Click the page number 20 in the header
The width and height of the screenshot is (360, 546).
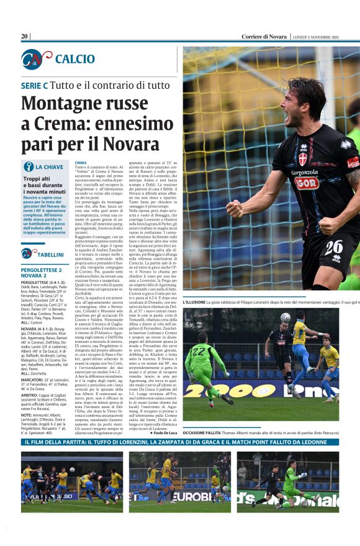point(24,37)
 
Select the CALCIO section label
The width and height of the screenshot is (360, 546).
point(75,59)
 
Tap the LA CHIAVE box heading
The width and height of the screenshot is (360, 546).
point(49,167)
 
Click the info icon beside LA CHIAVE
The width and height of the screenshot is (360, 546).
point(28,166)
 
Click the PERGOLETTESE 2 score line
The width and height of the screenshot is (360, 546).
point(41,270)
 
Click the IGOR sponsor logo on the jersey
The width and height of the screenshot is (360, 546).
point(307,183)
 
